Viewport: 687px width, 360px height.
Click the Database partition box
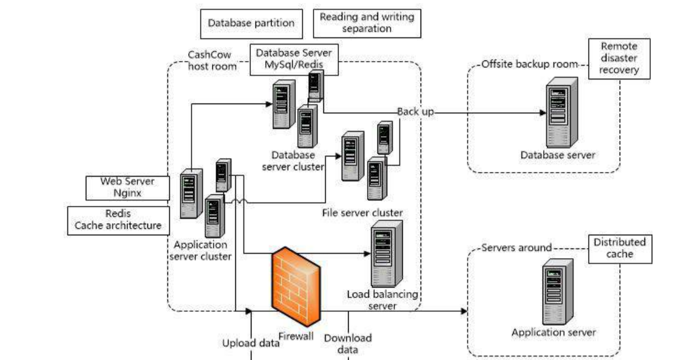(251, 24)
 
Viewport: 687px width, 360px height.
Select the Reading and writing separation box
(367, 24)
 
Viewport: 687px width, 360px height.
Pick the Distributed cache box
(619, 248)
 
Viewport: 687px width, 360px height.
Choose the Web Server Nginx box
(128, 187)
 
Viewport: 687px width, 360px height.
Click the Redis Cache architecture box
(119, 220)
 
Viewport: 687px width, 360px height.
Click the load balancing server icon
(385, 254)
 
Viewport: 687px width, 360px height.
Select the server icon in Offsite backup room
(561, 114)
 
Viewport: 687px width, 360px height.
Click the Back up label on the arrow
(415, 112)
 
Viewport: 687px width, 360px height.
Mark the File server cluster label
(362, 213)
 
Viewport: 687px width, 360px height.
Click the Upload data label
(251, 343)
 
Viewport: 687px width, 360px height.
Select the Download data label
(348, 343)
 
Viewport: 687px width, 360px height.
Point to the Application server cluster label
(200, 250)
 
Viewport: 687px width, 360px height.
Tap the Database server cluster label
(293, 161)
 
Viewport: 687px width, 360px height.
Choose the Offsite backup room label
(529, 64)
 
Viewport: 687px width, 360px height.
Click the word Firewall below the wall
(296, 336)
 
